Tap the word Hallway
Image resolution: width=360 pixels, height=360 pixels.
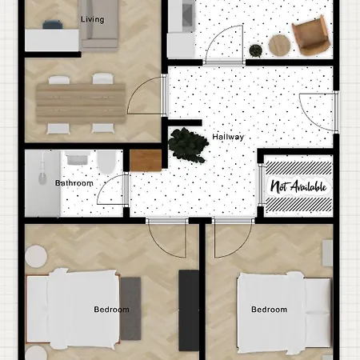point(228,137)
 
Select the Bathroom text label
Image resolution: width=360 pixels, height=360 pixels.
point(74,183)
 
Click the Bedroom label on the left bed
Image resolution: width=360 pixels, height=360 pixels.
point(108,309)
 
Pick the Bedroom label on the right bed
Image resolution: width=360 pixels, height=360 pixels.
point(269,310)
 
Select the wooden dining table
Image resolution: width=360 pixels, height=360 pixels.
point(80,102)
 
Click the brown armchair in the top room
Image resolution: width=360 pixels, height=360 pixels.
point(310,37)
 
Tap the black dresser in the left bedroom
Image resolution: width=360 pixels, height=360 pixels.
point(189,310)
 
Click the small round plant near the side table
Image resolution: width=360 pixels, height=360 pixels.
point(256,50)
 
